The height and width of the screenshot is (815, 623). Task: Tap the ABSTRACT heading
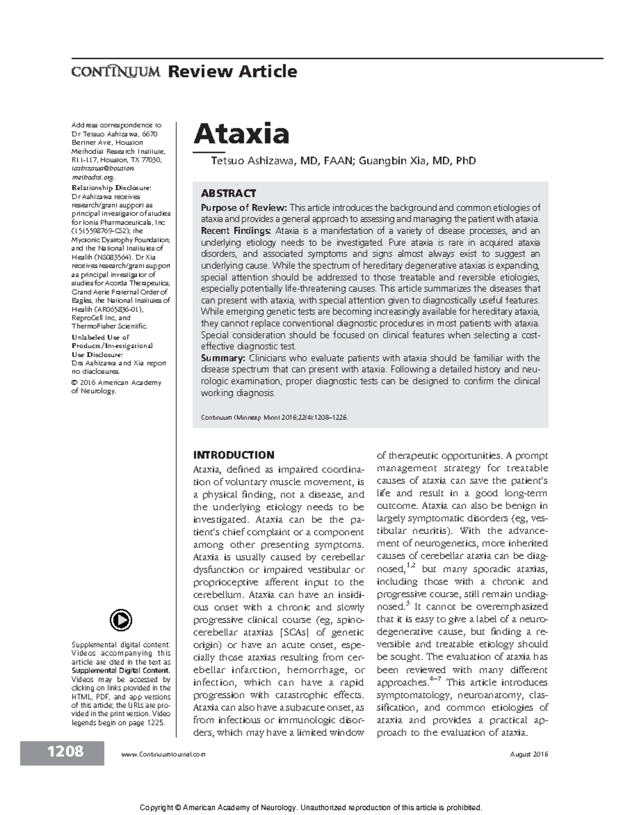(228, 193)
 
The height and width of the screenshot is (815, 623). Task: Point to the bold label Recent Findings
(236, 231)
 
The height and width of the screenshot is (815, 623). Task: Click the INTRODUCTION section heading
(233, 455)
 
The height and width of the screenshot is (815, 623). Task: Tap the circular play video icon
(121, 620)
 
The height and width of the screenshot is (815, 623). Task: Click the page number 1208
(65, 752)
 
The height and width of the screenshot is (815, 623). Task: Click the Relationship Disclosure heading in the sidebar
(111, 188)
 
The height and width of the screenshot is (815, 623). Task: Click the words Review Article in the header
(232, 71)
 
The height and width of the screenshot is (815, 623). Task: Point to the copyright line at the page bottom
(311, 807)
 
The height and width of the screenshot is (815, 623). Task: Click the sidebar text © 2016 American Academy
(116, 383)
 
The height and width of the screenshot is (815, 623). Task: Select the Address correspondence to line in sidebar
(116, 125)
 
